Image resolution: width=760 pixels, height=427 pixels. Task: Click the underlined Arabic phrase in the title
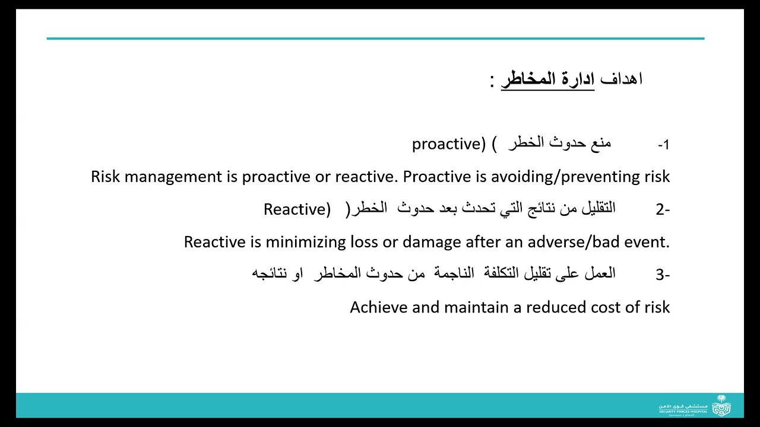547,79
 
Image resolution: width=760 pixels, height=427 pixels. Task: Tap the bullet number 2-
663,209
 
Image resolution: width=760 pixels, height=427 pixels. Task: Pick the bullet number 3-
663,275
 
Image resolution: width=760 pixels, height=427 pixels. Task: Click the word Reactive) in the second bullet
297,209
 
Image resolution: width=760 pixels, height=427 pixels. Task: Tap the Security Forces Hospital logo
695,407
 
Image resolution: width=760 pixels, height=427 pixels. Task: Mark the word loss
365,242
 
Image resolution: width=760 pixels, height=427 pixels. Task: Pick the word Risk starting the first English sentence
106,177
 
